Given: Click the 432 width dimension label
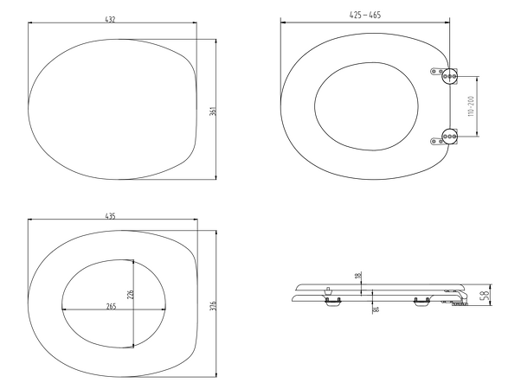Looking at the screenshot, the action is [110, 19].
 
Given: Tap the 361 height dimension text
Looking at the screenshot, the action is [213, 111].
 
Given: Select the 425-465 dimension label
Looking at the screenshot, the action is [365, 15].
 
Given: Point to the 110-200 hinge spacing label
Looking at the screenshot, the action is [471, 106].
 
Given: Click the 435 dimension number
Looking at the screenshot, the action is [110, 216].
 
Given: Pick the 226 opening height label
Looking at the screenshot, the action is [130, 295].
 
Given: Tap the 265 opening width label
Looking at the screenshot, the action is [111, 306].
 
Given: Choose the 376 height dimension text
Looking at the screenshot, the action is [213, 306].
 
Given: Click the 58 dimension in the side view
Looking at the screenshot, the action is [485, 295].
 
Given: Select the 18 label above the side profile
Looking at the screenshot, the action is [357, 275].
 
